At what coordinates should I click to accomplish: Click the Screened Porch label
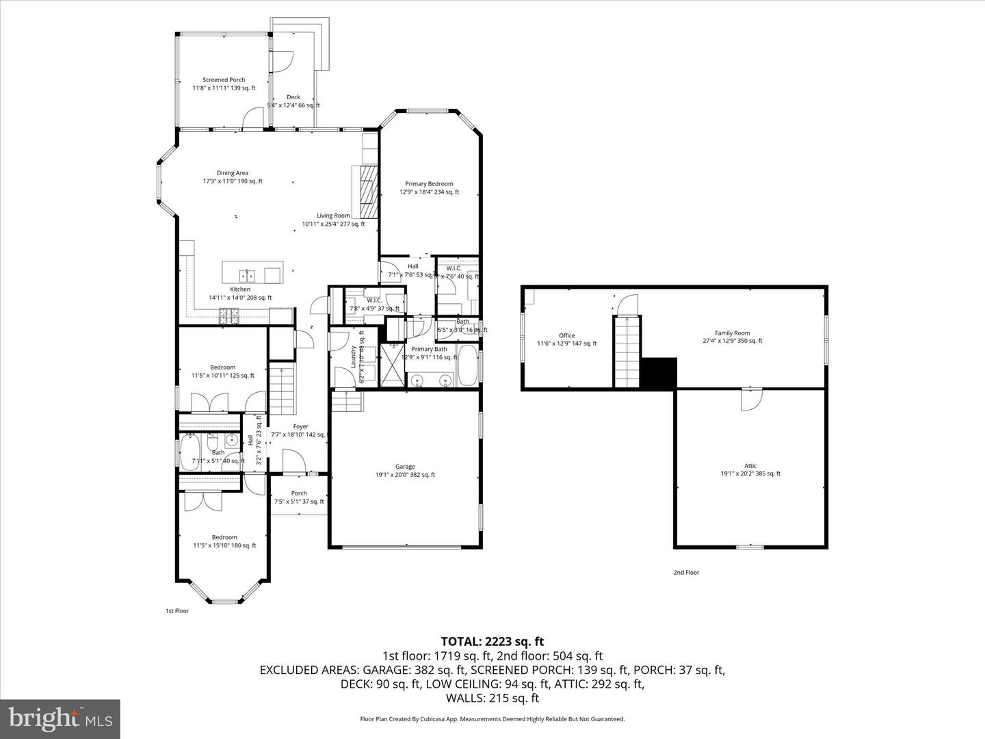tap(224, 80)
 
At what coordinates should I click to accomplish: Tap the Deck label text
tap(293, 97)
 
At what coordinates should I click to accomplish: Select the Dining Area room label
tap(233, 173)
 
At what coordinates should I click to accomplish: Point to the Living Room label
tap(333, 216)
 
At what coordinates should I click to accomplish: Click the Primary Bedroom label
tap(429, 184)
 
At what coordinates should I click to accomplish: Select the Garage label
tap(405, 467)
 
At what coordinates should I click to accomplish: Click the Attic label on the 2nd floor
tap(750, 466)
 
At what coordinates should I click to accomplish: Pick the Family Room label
tap(733, 333)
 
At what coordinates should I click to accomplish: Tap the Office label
tap(566, 335)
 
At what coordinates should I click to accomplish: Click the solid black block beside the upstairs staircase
tap(659, 373)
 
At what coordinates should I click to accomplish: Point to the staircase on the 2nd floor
tap(627, 352)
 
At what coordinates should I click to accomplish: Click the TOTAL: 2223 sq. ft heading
tap(492, 641)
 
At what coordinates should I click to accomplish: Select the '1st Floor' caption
tap(177, 610)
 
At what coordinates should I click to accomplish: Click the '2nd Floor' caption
tap(687, 572)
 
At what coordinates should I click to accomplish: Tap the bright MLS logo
tap(60, 718)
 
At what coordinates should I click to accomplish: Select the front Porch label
tap(299, 493)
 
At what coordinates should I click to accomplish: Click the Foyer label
tap(300, 426)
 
